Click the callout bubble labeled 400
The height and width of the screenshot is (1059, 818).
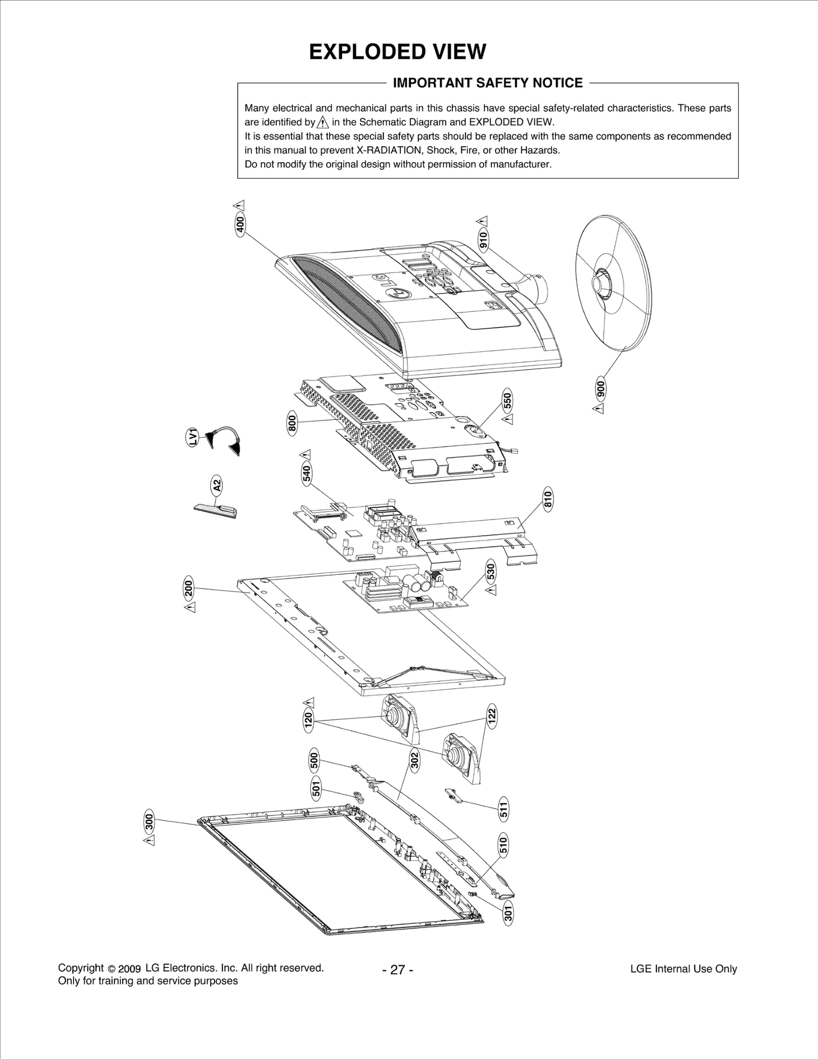[240, 224]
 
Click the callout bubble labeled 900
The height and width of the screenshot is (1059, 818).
[601, 390]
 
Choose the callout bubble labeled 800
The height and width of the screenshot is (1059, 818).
[292, 424]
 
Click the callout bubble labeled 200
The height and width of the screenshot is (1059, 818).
[189, 589]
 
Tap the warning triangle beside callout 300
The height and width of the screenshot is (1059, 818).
[149, 840]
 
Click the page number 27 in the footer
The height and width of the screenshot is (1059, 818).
[397, 970]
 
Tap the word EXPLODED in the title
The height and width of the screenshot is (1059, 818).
[358, 52]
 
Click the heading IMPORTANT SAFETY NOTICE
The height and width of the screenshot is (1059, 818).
[487, 83]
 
